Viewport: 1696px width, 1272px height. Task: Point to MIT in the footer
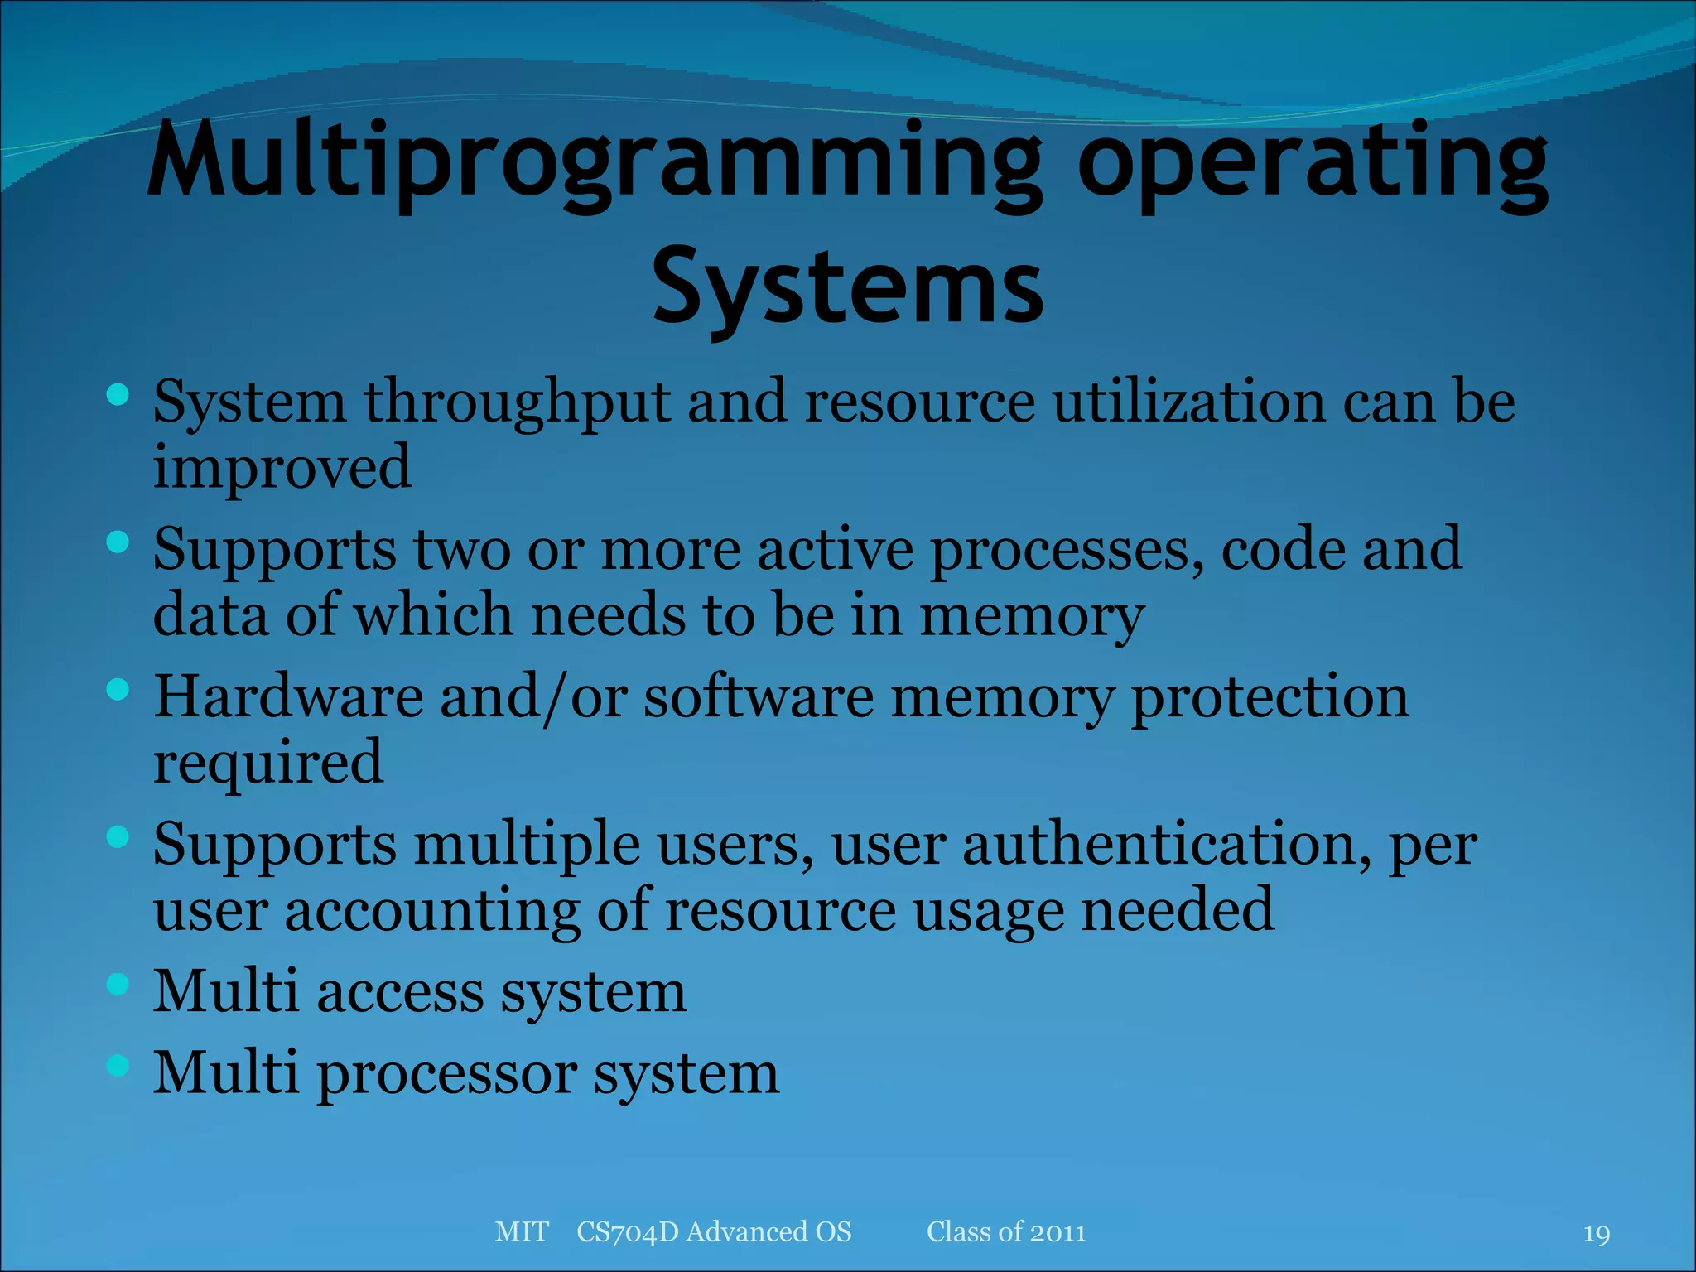click(x=521, y=1232)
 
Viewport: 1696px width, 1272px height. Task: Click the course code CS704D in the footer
click(x=628, y=1232)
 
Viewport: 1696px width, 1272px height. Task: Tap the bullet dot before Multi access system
click(x=118, y=984)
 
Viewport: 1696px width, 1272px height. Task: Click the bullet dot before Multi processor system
click(x=118, y=1065)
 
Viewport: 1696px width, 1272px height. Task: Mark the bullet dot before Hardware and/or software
click(x=118, y=689)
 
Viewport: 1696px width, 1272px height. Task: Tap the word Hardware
click(x=288, y=697)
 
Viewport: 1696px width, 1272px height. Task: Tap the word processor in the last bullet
click(x=447, y=1075)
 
